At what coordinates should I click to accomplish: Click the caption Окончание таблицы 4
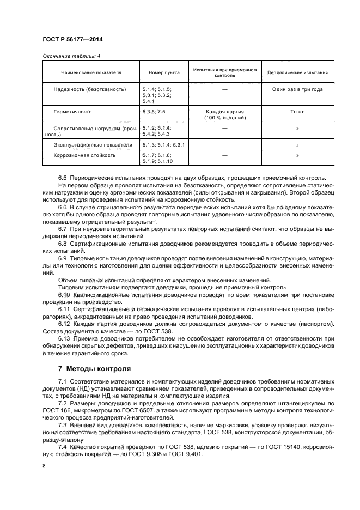(x=71, y=56)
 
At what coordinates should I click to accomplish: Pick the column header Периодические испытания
(x=297, y=72)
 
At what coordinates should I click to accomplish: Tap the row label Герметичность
(x=72, y=112)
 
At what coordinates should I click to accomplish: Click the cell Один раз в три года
(x=297, y=89)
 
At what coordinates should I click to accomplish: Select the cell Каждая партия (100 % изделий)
(x=224, y=114)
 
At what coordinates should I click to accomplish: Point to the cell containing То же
(x=297, y=112)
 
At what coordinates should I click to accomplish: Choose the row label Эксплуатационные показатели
(x=93, y=145)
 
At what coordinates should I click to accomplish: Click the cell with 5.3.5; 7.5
(x=154, y=112)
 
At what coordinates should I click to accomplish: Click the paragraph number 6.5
(x=63, y=178)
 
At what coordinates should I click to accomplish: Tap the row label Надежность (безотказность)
(x=89, y=89)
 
